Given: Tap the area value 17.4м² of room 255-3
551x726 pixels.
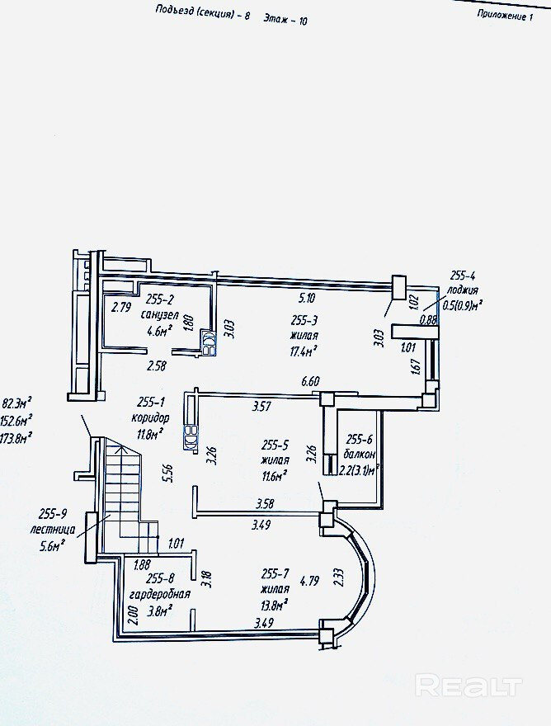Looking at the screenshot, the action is (x=304, y=351).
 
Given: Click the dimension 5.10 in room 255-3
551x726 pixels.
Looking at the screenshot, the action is (x=306, y=298).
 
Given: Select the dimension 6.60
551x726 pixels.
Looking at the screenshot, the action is (x=312, y=380).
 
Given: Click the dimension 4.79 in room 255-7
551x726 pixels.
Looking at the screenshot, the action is (x=310, y=580).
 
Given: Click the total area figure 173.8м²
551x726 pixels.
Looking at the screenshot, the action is (x=17, y=436).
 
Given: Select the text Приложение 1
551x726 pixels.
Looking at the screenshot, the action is (x=506, y=16).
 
